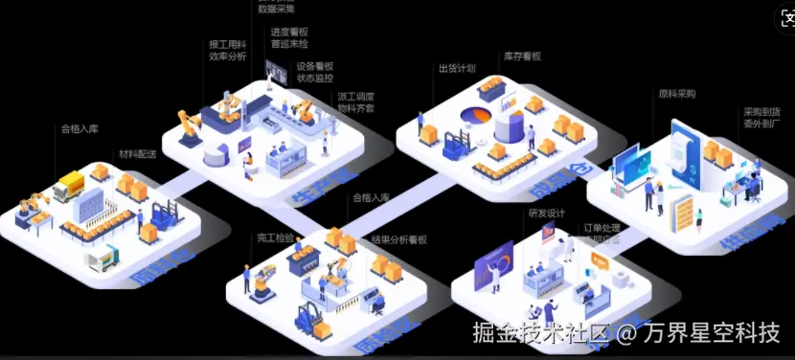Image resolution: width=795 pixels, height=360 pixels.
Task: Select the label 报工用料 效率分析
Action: pos(228,50)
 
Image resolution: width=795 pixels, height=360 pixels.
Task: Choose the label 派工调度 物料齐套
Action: pos(355,102)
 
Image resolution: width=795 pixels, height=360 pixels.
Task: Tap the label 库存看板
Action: pos(522,56)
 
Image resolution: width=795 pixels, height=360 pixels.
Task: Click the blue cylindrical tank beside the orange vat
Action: pos(511,127)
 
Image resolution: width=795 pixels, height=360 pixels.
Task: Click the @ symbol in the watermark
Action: pos(626,333)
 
